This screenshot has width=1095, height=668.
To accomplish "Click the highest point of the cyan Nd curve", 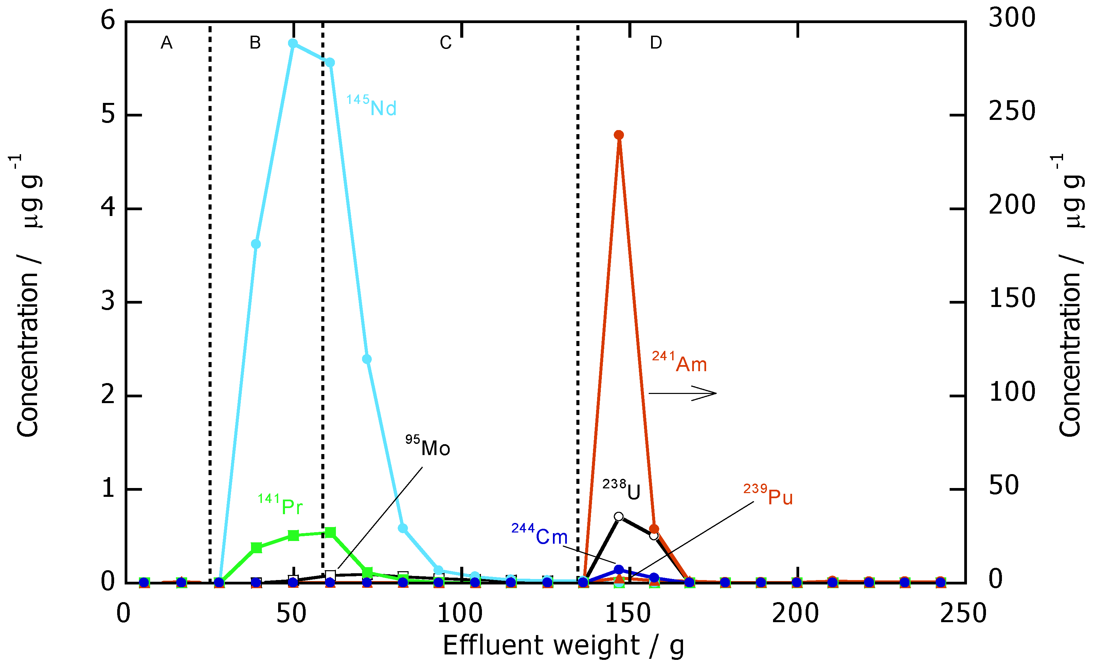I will click(293, 43).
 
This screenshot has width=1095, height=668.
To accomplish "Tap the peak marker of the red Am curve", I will click(618, 135).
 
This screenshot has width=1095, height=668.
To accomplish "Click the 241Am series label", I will click(679, 362).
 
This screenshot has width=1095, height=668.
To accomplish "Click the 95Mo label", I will click(428, 446).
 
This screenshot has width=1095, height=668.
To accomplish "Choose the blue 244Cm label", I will click(539, 534).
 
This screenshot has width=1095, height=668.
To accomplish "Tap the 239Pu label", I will click(768, 495).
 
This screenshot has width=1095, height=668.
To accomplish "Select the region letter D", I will click(656, 43).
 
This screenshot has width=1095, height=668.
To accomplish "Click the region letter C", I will click(446, 43).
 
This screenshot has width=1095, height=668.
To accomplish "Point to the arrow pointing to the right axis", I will click(683, 393).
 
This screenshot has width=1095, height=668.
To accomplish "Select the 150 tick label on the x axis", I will click(628, 614).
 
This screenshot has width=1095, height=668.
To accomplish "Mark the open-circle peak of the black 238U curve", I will click(618, 517).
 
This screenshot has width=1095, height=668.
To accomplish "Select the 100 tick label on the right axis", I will click(1012, 392).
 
